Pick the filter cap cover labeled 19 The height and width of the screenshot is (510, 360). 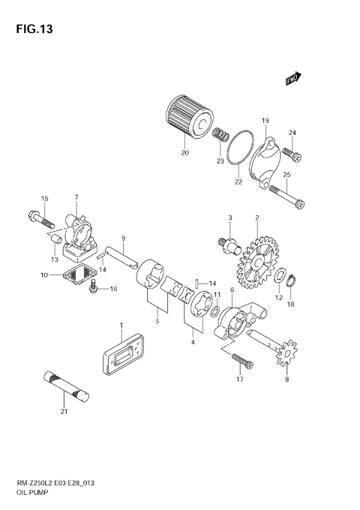coord(264,159)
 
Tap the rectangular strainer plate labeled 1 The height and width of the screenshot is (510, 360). coord(120,359)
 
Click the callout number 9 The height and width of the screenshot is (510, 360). coord(122,238)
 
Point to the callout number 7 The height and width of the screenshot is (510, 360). coord(76,197)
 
